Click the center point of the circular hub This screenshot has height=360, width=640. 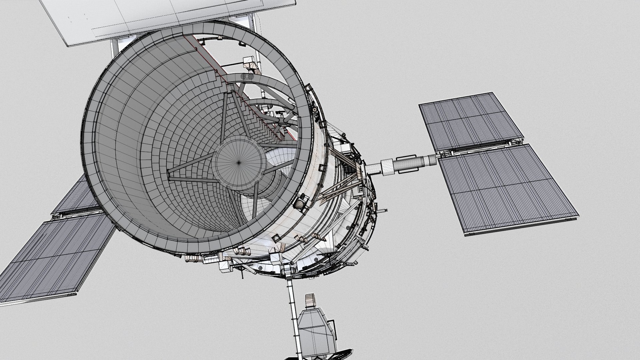(239, 162)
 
